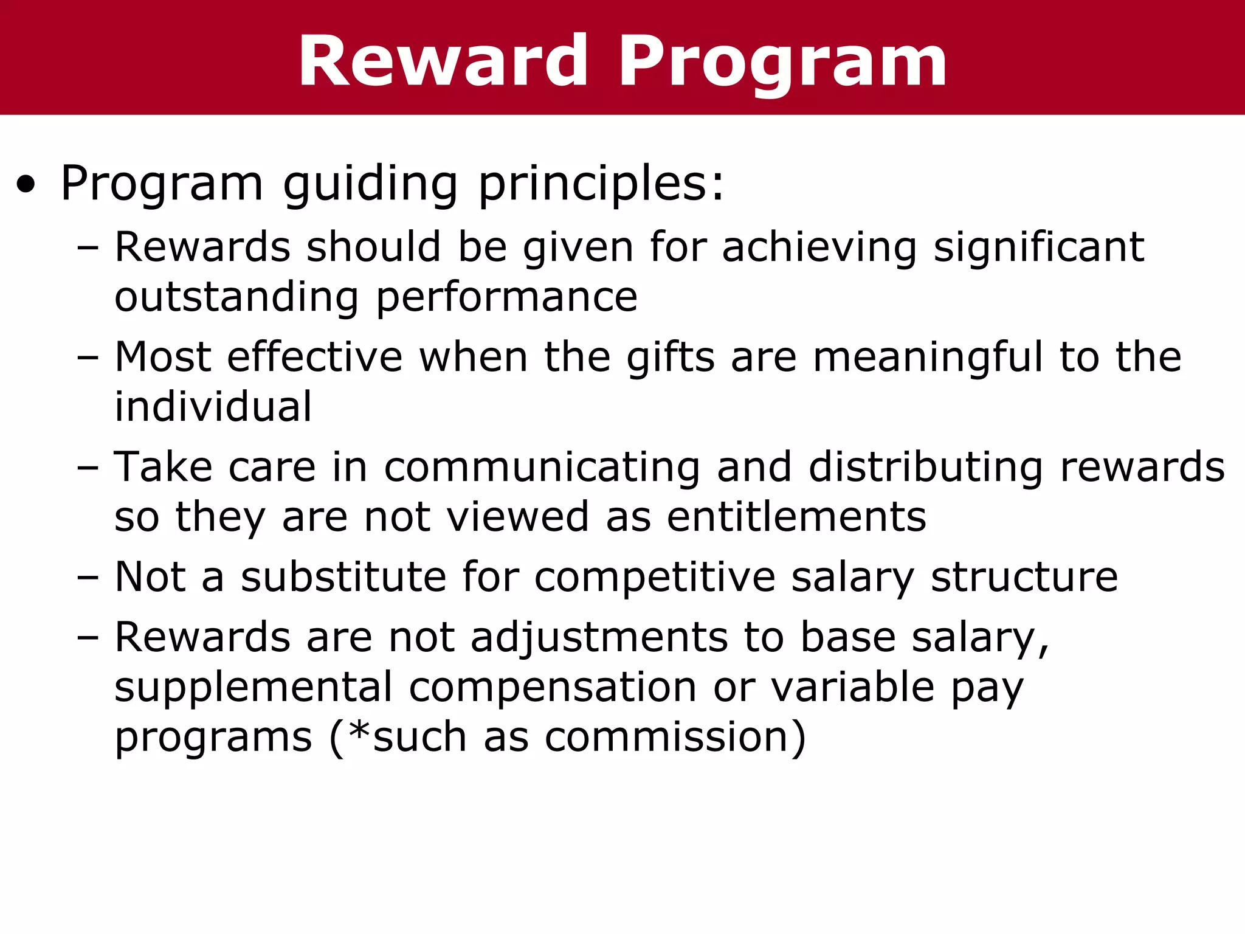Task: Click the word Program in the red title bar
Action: [x=782, y=61]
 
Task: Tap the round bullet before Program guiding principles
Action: [x=26, y=185]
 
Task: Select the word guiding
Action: [x=370, y=185]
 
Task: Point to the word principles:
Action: [x=602, y=185]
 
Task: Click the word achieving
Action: [x=819, y=248]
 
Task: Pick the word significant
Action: [x=1038, y=248]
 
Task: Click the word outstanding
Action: [x=237, y=298]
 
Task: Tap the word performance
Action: [x=507, y=298]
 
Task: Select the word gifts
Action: [x=671, y=357]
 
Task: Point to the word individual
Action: [x=213, y=407]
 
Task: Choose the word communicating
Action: [x=542, y=468]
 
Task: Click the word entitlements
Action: [x=796, y=517]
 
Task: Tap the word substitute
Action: [x=343, y=577]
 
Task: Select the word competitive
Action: [x=655, y=577]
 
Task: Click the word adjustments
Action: [x=599, y=638]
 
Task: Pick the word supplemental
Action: [x=253, y=688]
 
